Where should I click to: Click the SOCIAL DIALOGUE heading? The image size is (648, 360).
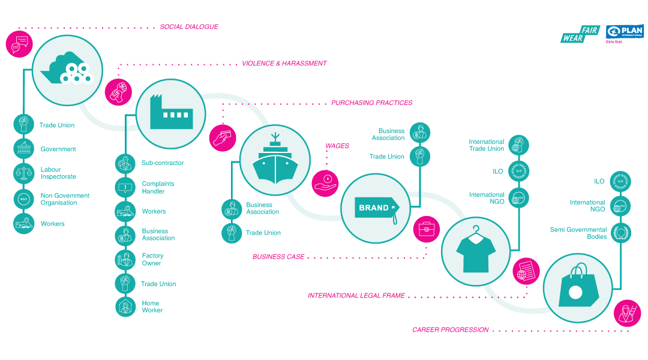coord(188,27)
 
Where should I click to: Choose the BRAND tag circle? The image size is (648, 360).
coord(374,208)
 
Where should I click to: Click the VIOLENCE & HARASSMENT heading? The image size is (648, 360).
coord(284,64)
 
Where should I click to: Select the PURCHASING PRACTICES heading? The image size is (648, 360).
coord(372,103)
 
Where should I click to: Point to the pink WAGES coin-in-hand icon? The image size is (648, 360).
coord(326,182)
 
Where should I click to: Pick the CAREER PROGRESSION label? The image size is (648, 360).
coord(450,330)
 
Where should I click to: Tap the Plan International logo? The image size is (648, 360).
coord(624,34)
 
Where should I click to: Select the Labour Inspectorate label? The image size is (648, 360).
coord(58,173)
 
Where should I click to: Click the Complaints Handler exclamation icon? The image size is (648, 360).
coord(125,187)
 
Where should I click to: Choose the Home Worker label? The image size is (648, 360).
coord(152,307)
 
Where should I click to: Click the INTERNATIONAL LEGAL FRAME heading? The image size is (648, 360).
coord(356,296)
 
